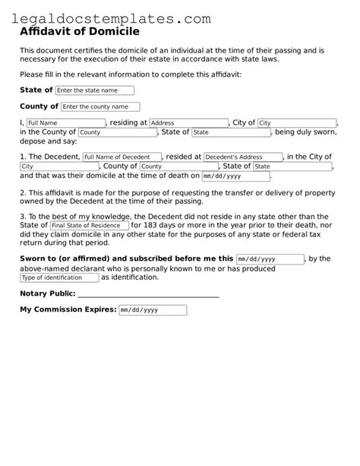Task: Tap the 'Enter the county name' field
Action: click(100, 107)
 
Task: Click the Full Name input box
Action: click(65, 123)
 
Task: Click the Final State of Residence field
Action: click(88, 226)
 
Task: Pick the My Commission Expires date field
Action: click(152, 310)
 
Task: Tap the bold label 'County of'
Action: click(39, 107)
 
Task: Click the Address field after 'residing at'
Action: click(188, 123)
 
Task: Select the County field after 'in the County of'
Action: click(118, 132)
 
